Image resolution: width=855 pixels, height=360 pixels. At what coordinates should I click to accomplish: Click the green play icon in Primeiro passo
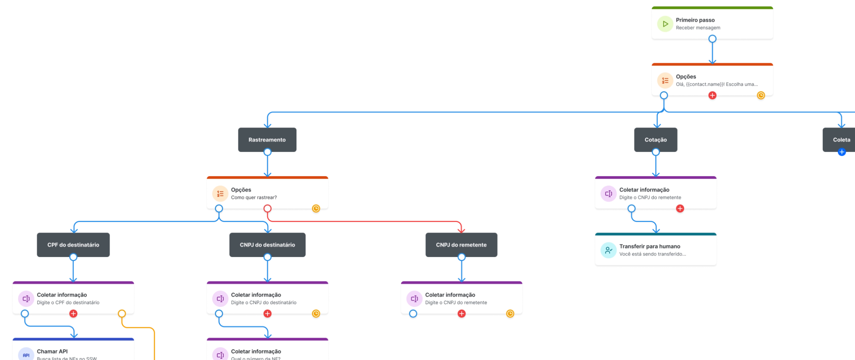pos(665,24)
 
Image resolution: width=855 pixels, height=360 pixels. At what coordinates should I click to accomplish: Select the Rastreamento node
pos(267,140)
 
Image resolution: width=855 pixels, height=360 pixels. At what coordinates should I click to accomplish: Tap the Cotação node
pos(655,140)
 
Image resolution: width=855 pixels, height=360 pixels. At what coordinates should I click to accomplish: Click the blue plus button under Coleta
pos(841,152)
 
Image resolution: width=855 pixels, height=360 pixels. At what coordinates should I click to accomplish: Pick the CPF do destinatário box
pos(73,245)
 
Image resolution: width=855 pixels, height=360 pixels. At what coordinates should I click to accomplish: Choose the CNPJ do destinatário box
pos(267,245)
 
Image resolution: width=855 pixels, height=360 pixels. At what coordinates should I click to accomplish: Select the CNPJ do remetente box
pos(461,245)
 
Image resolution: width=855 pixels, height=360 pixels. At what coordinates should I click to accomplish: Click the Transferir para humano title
pos(649,246)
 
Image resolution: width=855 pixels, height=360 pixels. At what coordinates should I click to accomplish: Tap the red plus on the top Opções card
pos(712,95)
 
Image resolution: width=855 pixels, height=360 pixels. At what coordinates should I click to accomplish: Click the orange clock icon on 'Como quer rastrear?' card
pos(316,209)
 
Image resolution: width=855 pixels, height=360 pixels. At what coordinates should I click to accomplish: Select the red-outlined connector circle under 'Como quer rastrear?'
pos(267,209)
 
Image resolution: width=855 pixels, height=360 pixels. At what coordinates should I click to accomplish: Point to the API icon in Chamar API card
pos(26,355)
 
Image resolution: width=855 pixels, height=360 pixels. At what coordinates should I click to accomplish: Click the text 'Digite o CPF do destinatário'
pos(68,303)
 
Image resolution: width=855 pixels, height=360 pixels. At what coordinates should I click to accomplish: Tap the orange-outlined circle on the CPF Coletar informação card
pos(122,314)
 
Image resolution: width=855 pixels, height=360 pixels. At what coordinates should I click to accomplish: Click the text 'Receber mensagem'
pos(698,28)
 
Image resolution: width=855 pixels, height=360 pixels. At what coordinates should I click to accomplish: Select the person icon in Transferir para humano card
pos(608,250)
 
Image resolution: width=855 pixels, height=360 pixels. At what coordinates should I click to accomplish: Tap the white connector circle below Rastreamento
pos(267,152)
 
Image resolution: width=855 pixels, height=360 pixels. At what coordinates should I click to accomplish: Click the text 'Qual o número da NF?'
pos(256,358)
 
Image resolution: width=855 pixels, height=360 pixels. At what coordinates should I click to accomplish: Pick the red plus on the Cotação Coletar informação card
pos(680,209)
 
